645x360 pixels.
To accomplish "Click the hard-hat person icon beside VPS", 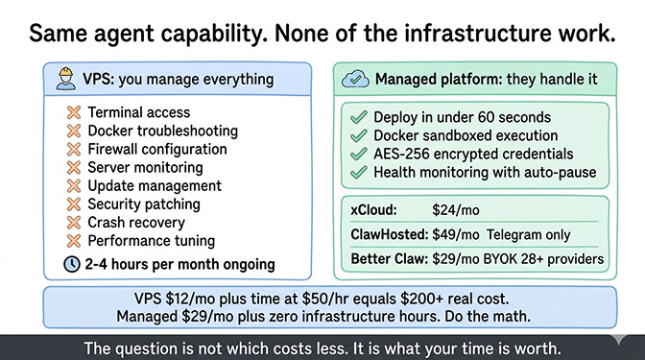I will tap(65, 79).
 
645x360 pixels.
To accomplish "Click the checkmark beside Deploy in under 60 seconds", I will tap(359, 117).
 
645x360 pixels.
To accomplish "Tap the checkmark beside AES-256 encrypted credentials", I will tap(359, 154).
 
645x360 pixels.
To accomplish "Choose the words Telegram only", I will tap(528, 234).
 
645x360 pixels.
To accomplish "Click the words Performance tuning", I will tap(152, 241).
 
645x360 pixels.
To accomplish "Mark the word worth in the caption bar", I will tap(535, 348).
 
